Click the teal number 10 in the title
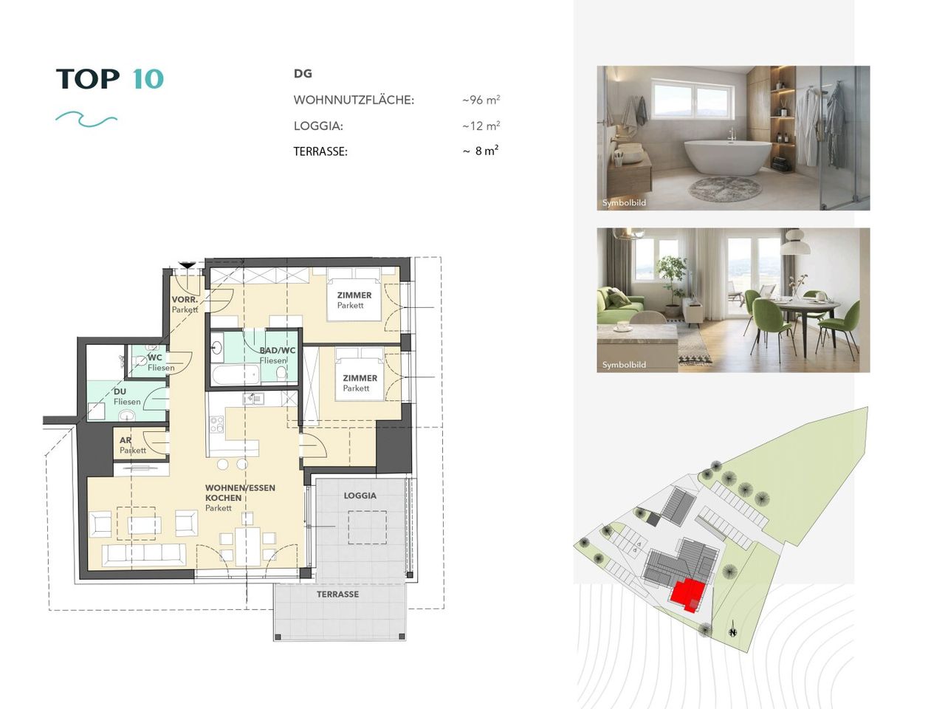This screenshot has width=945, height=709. click(148, 79)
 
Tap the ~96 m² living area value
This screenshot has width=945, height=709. click(481, 100)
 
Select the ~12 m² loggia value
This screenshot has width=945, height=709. click(481, 126)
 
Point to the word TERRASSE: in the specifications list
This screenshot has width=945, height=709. click(320, 151)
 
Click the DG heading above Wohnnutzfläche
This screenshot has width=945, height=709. click(303, 74)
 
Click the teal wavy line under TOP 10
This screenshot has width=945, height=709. click(86, 119)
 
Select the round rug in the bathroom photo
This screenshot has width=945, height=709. click(725, 188)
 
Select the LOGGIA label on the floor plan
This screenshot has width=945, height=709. click(360, 496)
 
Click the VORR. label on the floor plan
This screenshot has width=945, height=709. click(185, 299)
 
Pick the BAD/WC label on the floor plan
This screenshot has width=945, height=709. click(278, 350)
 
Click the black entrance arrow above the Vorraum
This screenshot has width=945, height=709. click(188, 264)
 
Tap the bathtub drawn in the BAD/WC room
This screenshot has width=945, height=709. click(236, 374)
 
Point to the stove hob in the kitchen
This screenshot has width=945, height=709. click(216, 424)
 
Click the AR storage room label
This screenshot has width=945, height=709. click(126, 440)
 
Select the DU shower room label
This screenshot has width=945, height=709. click(120, 391)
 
